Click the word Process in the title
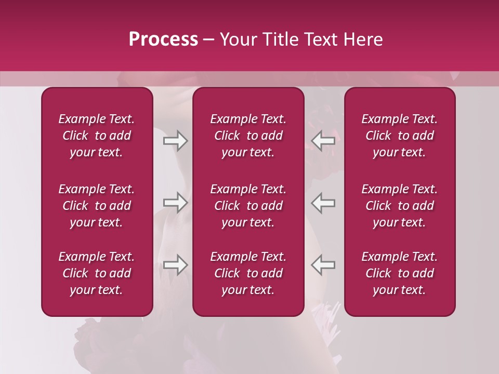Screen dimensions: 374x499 click(x=163, y=39)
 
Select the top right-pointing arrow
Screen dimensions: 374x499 click(x=175, y=141)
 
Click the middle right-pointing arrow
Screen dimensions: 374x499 click(x=175, y=203)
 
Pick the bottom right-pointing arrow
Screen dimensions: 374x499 click(x=175, y=264)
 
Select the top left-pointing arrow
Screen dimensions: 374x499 click(x=323, y=141)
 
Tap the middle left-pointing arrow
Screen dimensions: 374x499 click(x=323, y=203)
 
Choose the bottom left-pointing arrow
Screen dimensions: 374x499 click(x=323, y=264)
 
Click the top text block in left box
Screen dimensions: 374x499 click(x=97, y=136)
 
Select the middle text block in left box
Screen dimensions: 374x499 click(x=97, y=206)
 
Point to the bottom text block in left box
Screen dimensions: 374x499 click(x=97, y=273)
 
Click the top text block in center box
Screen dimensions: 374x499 click(x=248, y=136)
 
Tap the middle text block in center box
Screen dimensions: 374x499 click(x=248, y=206)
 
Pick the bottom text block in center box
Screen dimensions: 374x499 click(x=248, y=273)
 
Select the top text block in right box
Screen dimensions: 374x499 click(x=399, y=136)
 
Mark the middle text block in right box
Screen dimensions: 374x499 click(x=399, y=206)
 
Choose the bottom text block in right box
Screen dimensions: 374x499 click(x=399, y=273)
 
